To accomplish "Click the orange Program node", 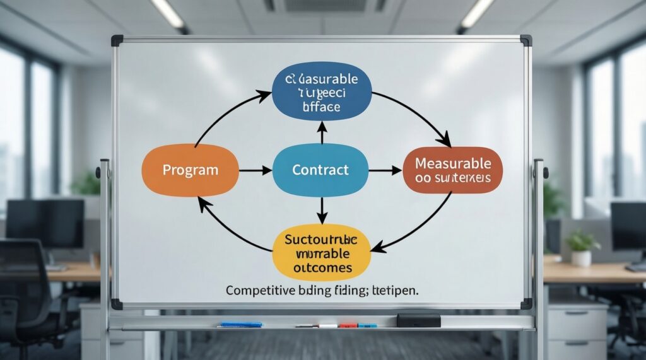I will [x=190, y=170].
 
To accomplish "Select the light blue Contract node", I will [x=320, y=170].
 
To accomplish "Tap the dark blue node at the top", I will [x=322, y=93].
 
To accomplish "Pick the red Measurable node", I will [x=452, y=170].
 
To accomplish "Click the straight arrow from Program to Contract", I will [x=255, y=170].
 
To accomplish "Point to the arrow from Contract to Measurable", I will [x=385, y=170].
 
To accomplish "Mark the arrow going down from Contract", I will [x=322, y=210].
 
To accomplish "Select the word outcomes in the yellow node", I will [x=323, y=268].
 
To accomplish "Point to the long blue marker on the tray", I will [x=240, y=324].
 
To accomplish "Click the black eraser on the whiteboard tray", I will [x=418, y=320].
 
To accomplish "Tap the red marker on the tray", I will [x=348, y=325].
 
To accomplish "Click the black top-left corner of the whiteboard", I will [x=117, y=40].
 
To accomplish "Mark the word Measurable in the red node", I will [x=452, y=163].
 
